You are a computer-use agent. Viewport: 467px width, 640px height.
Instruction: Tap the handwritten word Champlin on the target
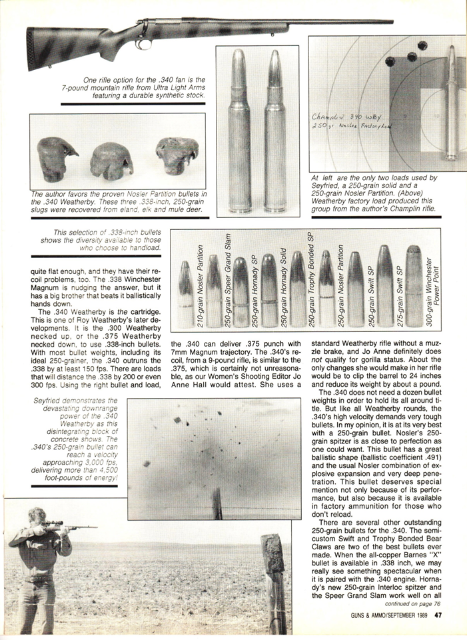330,118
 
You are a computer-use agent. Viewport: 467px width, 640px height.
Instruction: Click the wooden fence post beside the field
274,580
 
